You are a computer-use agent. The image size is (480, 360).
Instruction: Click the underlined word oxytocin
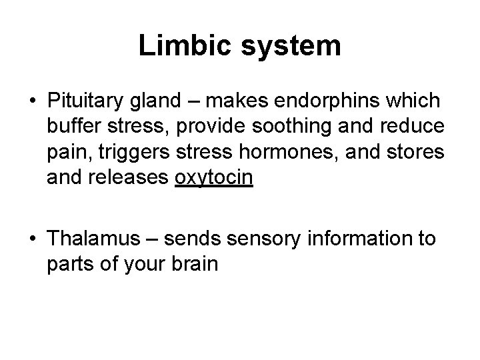(213, 180)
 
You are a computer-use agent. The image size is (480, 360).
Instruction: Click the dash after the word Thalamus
(152, 239)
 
